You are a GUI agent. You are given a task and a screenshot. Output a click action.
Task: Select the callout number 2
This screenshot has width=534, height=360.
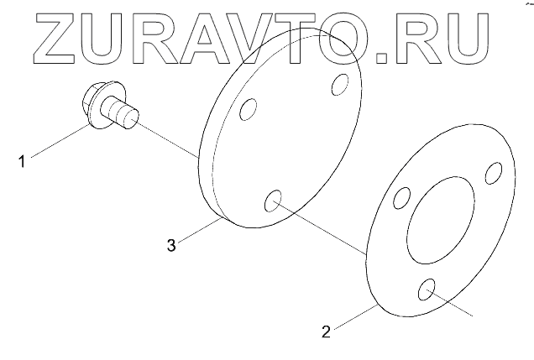[325, 331]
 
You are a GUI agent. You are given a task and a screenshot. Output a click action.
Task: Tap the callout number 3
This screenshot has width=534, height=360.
[171, 246]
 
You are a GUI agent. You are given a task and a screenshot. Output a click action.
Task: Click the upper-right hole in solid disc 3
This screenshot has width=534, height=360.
[340, 84]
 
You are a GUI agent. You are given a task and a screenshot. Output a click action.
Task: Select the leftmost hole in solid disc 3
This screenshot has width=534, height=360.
[248, 111]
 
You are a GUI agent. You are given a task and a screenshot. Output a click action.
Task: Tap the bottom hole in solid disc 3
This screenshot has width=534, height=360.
[274, 201]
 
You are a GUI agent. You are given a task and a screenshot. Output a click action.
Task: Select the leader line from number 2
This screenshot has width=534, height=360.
[353, 319]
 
